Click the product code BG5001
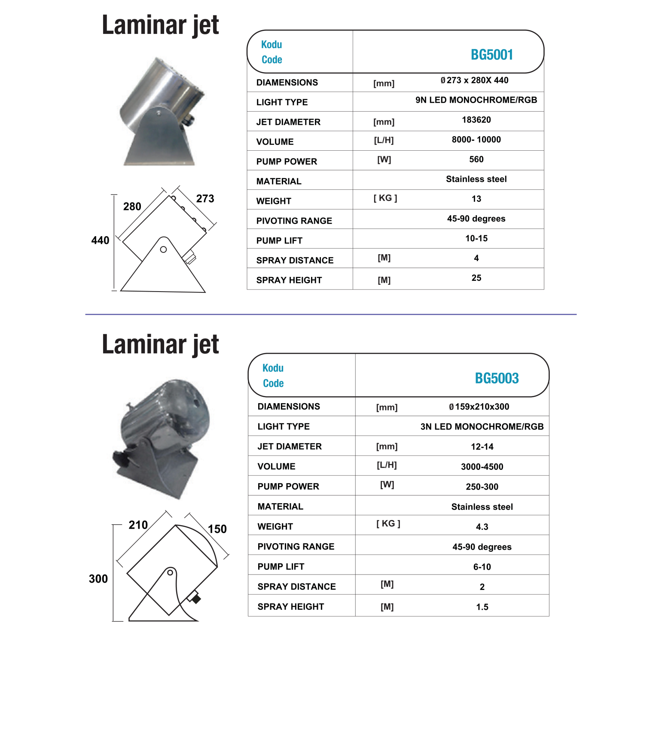coord(492,55)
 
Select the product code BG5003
coord(497,378)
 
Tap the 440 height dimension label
coord(100,240)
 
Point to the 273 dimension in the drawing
coord(205,199)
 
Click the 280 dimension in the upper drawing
coord(132,207)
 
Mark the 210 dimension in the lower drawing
coord(138,525)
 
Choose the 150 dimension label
coord(217,529)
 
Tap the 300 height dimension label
coord(98,579)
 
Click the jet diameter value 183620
coord(476,120)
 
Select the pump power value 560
coord(476,159)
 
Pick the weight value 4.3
coord(482,527)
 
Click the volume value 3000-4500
coord(482,467)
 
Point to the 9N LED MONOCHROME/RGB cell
coord(476,100)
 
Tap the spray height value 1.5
coord(482,607)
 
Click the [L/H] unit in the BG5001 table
coord(384,140)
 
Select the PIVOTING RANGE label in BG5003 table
coord(296,547)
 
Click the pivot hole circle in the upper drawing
coord(163,249)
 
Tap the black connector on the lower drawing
coord(196,599)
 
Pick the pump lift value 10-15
coord(476,238)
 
